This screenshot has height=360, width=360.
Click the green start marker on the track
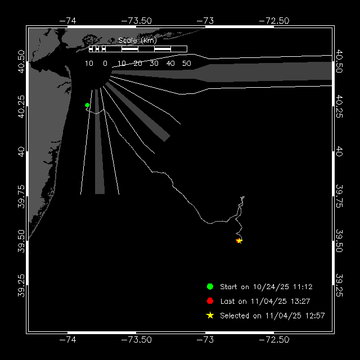click(x=87, y=105)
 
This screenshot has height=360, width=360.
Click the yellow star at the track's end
click(x=239, y=241)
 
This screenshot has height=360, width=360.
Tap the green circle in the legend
click(x=210, y=286)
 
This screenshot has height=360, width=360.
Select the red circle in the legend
click(x=210, y=301)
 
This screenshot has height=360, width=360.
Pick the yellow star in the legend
click(x=210, y=316)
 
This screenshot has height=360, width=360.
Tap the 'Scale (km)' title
click(x=137, y=40)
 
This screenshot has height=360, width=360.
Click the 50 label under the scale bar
click(x=187, y=64)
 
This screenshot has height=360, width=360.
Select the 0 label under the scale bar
click(x=105, y=64)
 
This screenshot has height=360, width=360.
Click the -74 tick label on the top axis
click(x=67, y=21)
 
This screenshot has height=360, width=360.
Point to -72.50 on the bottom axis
click(x=274, y=340)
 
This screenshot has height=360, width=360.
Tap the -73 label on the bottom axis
click(x=205, y=340)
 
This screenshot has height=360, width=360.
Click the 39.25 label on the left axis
click(x=21, y=285)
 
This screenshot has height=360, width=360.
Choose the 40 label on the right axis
click(x=339, y=151)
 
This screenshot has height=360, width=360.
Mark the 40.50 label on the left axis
click(x=21, y=61)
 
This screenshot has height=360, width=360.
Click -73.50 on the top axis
click(x=136, y=21)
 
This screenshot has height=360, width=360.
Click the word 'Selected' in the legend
click(x=235, y=316)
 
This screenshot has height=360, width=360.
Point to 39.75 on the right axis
click(x=339, y=196)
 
